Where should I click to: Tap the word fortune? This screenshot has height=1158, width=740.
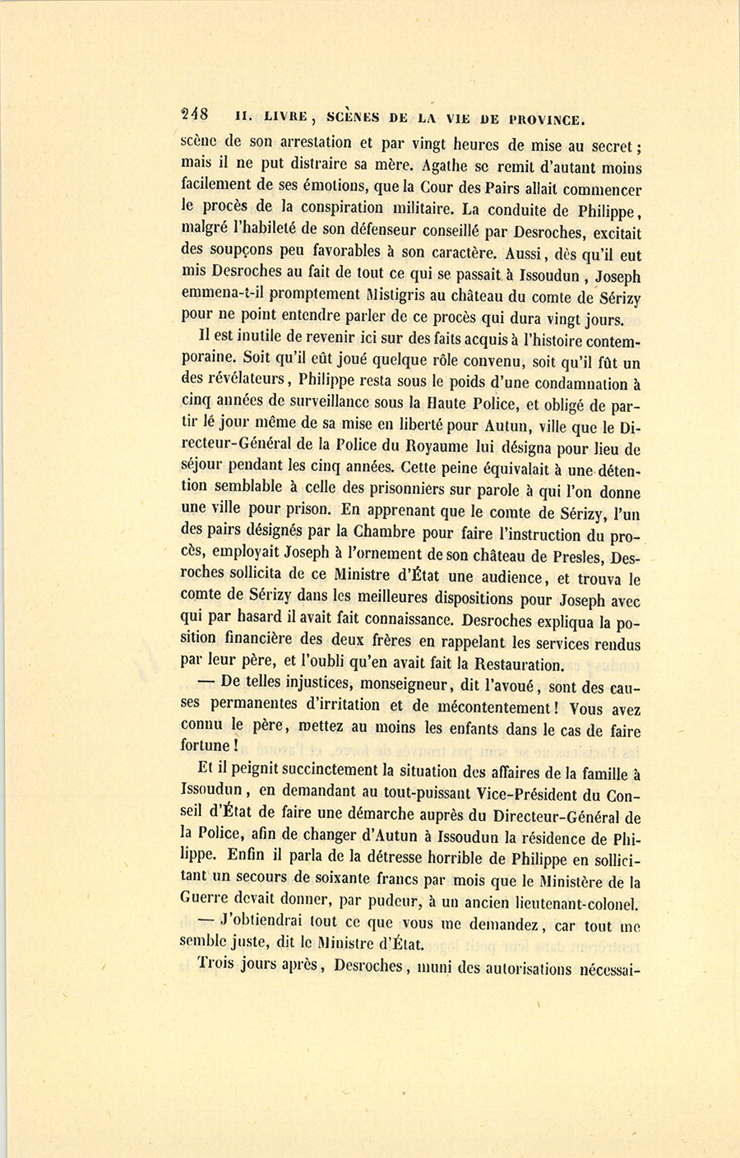(206, 745)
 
